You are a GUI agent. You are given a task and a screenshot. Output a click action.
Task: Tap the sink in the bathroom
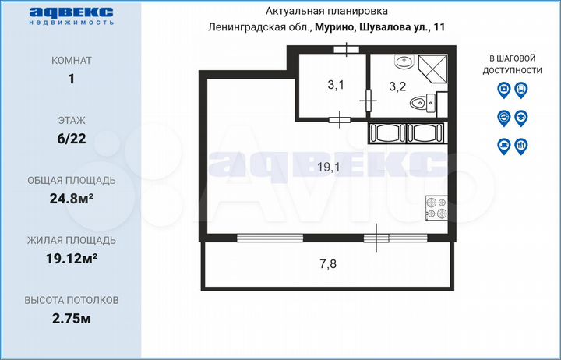click(x=403, y=62)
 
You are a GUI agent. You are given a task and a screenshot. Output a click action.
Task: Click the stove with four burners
click(x=436, y=208)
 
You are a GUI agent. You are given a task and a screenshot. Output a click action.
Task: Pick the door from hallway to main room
click(x=340, y=119)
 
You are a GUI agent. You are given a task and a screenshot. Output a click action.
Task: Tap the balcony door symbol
click(x=376, y=237)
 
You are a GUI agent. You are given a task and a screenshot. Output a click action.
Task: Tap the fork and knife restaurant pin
click(x=521, y=145)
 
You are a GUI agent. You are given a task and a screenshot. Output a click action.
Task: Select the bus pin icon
click(x=521, y=90)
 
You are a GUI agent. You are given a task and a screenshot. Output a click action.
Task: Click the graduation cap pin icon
click(x=521, y=118)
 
